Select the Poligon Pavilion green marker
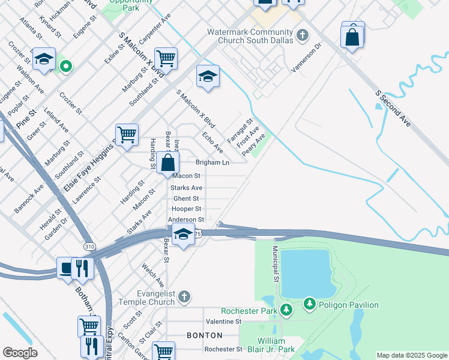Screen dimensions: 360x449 (x=309, y=305)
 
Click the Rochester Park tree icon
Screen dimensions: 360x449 (x=287, y=310)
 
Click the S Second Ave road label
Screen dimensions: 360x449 (x=393, y=109)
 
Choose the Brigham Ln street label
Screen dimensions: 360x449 (x=212, y=163)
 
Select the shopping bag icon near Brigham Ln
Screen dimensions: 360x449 (x=169, y=163)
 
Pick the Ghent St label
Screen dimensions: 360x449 (x=186, y=199)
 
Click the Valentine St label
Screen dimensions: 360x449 (x=223, y=322)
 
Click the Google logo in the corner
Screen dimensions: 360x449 (x=20, y=353)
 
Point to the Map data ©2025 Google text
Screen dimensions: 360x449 (x=411, y=355)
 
